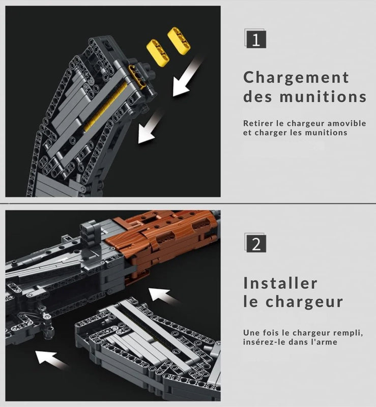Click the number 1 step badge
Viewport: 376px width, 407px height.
[255, 39]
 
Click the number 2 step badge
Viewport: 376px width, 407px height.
[255, 243]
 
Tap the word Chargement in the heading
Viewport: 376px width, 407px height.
[296, 78]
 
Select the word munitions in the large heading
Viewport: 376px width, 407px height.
[323, 97]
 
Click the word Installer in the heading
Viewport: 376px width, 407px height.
[280, 283]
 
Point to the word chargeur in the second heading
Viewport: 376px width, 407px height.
[304, 302]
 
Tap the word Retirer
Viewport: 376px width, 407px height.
[254, 123]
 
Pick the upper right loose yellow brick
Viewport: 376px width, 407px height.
[179, 41]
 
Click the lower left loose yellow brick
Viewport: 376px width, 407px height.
[158, 52]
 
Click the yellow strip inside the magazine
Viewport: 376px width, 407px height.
[106, 107]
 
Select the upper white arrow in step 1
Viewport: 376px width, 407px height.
[186, 77]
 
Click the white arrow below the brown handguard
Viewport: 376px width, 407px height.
[163, 296]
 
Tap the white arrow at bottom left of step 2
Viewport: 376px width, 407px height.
[51, 360]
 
